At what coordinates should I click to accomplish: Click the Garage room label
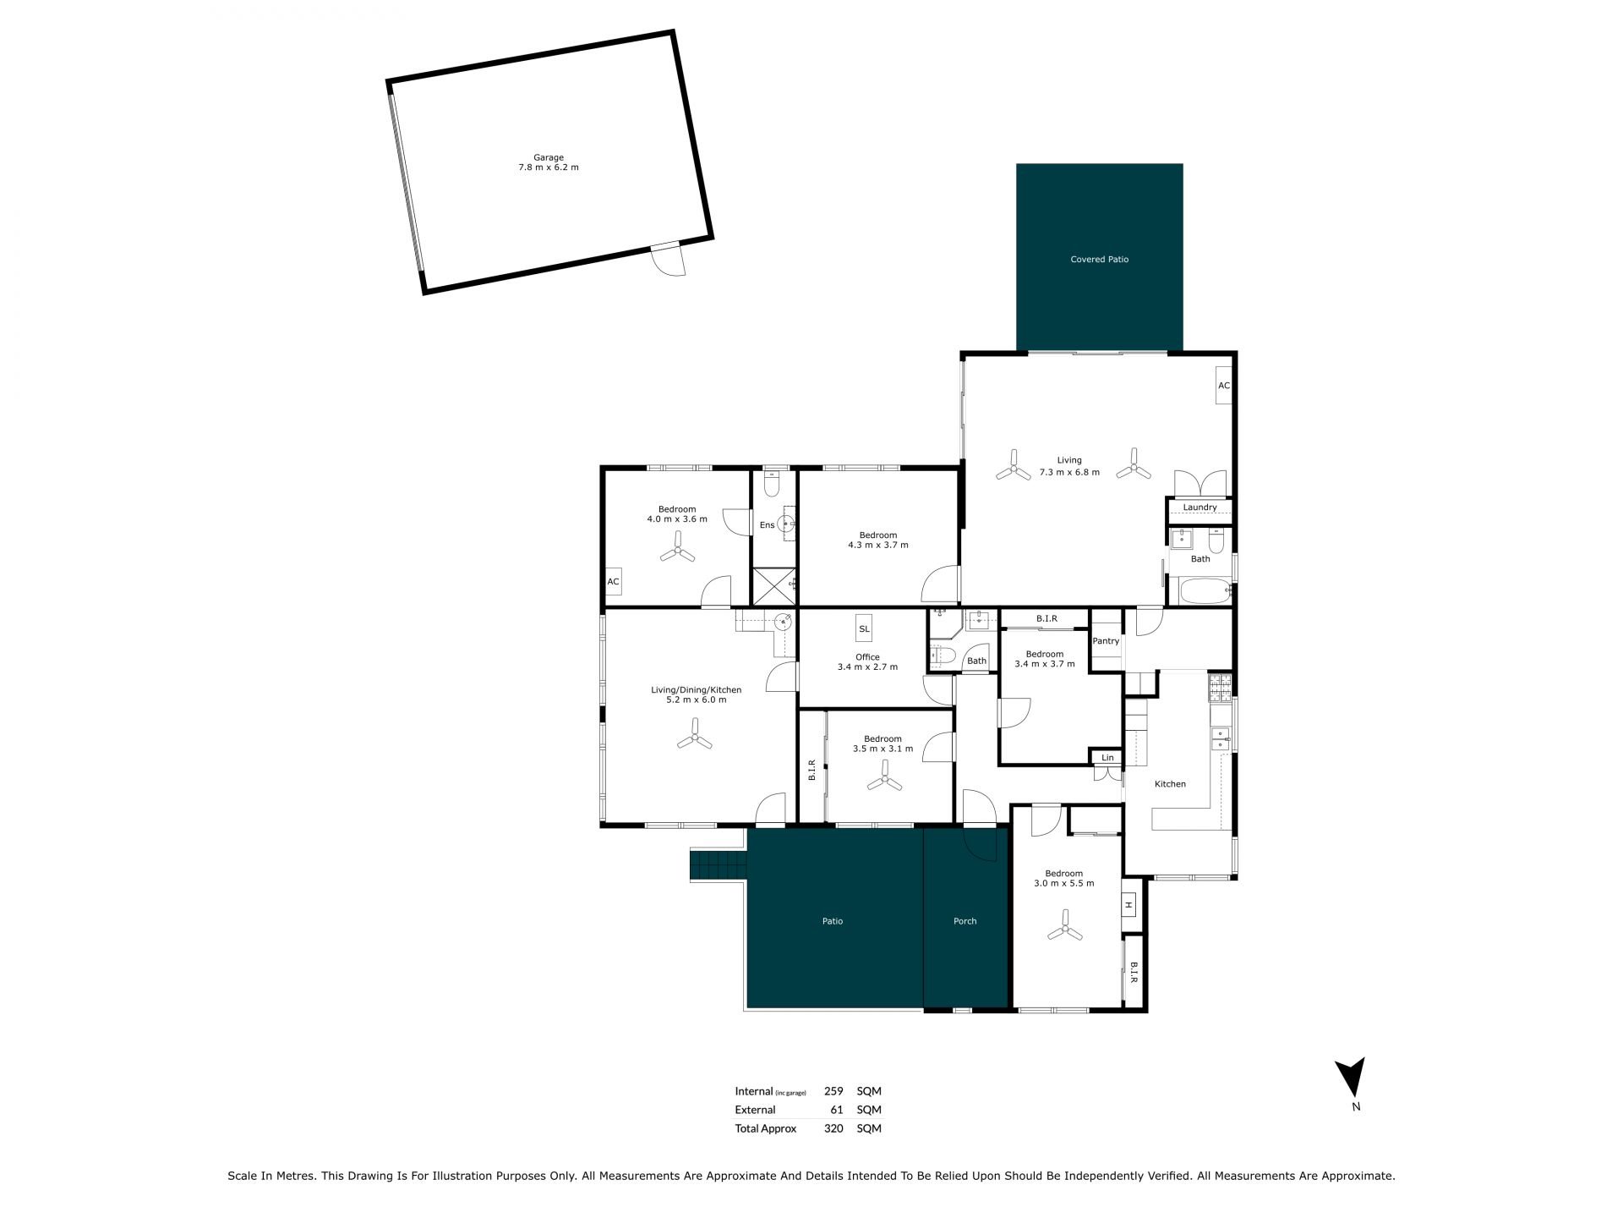tap(549, 157)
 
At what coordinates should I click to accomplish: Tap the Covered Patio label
tap(1099, 260)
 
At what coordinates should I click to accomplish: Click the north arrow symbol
tap(1350, 1077)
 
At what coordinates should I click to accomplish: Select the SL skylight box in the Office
tap(864, 628)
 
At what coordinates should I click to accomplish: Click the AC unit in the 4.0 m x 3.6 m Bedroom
tap(614, 582)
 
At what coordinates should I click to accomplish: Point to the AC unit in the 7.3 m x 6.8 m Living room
tap(1223, 386)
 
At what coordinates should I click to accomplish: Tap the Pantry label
tap(1106, 641)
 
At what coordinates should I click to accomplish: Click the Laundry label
tap(1199, 507)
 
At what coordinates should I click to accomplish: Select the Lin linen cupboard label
tap(1107, 758)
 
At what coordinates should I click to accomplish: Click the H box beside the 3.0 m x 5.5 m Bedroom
tap(1128, 905)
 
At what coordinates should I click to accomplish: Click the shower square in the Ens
tap(773, 586)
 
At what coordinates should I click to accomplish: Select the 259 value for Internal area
tap(833, 1091)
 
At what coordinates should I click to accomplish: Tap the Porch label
tap(965, 921)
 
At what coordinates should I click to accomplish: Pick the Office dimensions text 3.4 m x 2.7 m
tap(867, 667)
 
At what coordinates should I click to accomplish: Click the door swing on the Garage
tap(672, 261)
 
